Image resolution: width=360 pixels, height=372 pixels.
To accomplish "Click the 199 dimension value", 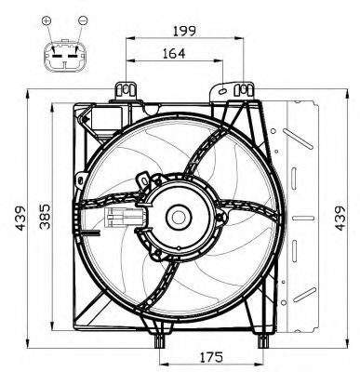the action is (184, 32).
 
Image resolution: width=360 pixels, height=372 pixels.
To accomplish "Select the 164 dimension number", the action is (174, 54).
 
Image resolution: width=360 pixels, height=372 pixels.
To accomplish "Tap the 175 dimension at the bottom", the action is (211, 357).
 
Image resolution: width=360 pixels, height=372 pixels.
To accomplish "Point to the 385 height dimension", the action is (45, 217).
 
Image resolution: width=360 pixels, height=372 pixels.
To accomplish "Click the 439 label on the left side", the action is (21, 219).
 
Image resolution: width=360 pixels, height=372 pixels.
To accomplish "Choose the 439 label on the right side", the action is (340, 219).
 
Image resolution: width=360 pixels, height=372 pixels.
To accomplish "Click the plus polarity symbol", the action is (47, 20).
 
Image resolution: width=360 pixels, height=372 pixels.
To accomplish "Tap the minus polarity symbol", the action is (83, 20).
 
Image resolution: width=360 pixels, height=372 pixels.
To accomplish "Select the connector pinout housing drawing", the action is (65, 56).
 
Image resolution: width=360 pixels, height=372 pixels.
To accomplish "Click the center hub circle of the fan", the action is (179, 217).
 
